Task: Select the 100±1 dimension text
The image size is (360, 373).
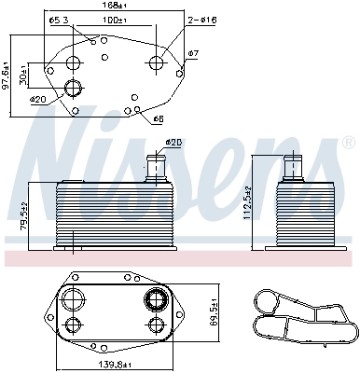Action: click(116, 20)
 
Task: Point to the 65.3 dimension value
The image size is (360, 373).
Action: click(60, 20)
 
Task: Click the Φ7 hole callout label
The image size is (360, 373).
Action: click(193, 54)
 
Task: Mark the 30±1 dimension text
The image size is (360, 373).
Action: click(27, 76)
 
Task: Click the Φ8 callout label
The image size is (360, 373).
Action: click(158, 119)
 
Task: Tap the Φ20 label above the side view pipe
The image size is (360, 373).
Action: click(173, 143)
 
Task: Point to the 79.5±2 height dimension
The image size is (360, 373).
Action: click(23, 216)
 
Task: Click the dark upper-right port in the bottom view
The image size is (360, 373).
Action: click(154, 300)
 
